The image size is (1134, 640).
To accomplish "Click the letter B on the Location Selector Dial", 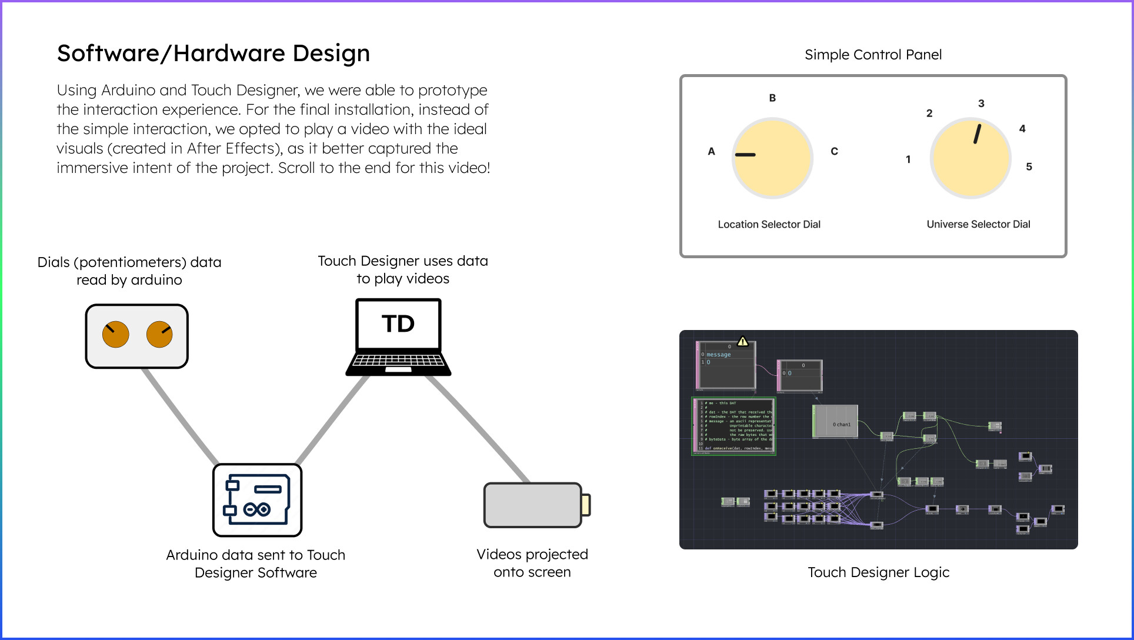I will point(772,98).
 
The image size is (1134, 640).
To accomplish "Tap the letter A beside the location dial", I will point(711,151).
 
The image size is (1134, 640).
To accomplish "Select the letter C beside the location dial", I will point(834,151).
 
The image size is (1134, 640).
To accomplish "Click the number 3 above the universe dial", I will point(981,104).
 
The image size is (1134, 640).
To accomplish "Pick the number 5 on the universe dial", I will point(1029,167).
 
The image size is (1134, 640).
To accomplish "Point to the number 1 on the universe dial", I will point(908,159).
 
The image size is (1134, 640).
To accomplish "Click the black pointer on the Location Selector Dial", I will point(745,155).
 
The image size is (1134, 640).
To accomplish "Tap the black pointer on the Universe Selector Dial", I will point(977,134).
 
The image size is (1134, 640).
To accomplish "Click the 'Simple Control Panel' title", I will point(873,55).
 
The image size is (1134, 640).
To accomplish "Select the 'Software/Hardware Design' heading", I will point(214,54).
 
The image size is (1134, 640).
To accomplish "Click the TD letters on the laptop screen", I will point(398,324).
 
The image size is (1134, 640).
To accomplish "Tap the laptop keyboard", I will point(398,359).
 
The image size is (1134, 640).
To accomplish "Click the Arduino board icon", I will point(257,500).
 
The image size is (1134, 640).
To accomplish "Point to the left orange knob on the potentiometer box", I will point(115,335).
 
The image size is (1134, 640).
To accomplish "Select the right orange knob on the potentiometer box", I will point(159,335).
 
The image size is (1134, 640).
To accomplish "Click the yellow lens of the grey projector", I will point(586,505).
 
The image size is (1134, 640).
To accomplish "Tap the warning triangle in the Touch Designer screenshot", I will point(743,341).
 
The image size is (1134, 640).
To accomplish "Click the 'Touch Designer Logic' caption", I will point(878,572).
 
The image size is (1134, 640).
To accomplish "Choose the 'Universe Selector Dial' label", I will point(978,224).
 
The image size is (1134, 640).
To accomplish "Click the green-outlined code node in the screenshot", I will point(734,426).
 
